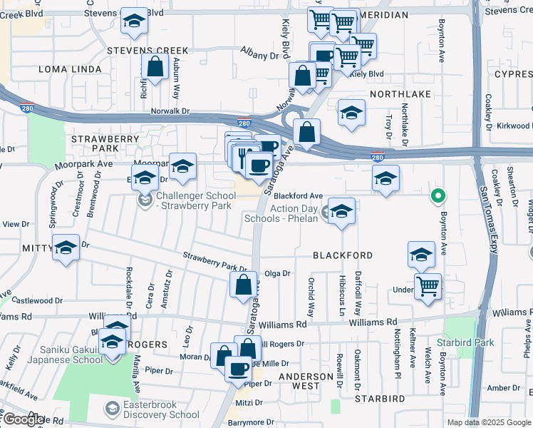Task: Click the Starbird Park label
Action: [x=475, y=342]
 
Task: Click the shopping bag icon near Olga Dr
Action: [x=244, y=285]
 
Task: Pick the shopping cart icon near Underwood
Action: [x=428, y=287]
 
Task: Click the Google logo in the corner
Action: [x=24, y=419]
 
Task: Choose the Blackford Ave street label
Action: [x=299, y=195]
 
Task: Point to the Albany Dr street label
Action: [x=259, y=55]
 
